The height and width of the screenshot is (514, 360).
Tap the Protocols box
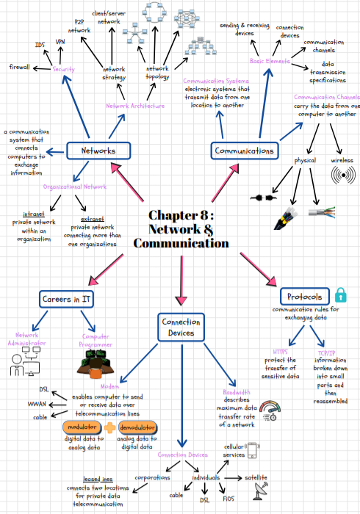click(304, 297)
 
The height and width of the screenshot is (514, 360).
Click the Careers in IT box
click(67, 300)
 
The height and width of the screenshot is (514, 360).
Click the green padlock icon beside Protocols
click(340, 295)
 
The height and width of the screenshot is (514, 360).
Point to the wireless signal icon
click(342, 176)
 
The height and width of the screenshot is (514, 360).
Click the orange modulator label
click(82, 427)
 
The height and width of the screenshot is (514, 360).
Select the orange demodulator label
click(137, 427)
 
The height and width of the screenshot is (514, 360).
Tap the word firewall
click(19, 68)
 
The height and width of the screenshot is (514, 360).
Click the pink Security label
click(63, 69)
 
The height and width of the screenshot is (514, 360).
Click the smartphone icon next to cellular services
click(253, 449)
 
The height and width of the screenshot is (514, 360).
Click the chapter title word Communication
click(181, 243)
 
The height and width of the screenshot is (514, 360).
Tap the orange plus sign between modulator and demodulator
click(110, 427)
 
